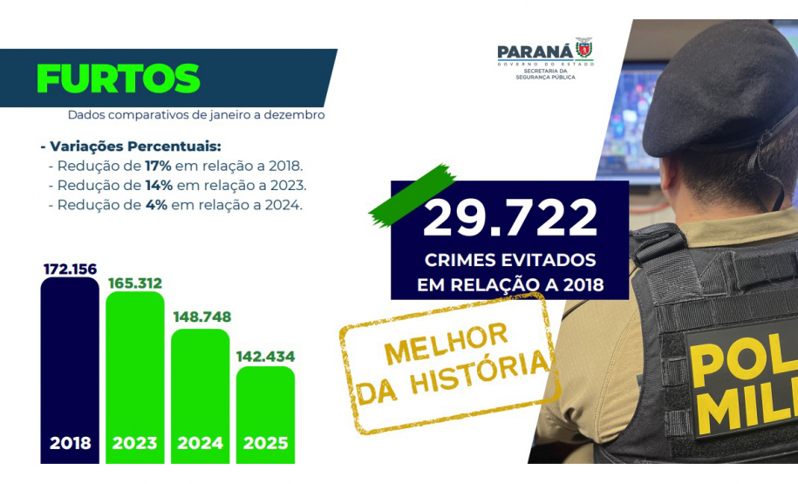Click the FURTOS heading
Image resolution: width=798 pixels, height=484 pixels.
(118, 78)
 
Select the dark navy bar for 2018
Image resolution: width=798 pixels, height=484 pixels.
(70, 370)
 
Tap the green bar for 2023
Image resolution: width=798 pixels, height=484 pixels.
(135, 377)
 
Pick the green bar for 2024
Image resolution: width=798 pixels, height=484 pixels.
(200, 396)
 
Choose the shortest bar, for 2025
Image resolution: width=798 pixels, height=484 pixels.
(265, 415)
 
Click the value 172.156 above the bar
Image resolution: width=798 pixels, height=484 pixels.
(71, 269)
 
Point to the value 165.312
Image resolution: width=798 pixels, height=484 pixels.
(135, 283)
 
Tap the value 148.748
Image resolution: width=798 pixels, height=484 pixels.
(202, 317)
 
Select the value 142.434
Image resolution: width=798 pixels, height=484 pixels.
(266, 357)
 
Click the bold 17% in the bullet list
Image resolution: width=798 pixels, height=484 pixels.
(158, 166)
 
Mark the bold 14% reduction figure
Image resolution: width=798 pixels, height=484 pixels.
(159, 185)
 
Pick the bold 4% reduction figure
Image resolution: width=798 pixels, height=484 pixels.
(156, 205)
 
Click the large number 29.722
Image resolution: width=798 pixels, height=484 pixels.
(510, 217)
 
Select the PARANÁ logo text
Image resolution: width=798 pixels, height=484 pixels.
(535, 52)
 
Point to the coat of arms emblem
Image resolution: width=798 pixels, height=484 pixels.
(584, 49)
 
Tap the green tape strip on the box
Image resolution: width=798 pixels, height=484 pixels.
(413, 195)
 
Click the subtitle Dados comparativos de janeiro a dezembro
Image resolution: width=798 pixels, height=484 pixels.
(196, 114)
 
